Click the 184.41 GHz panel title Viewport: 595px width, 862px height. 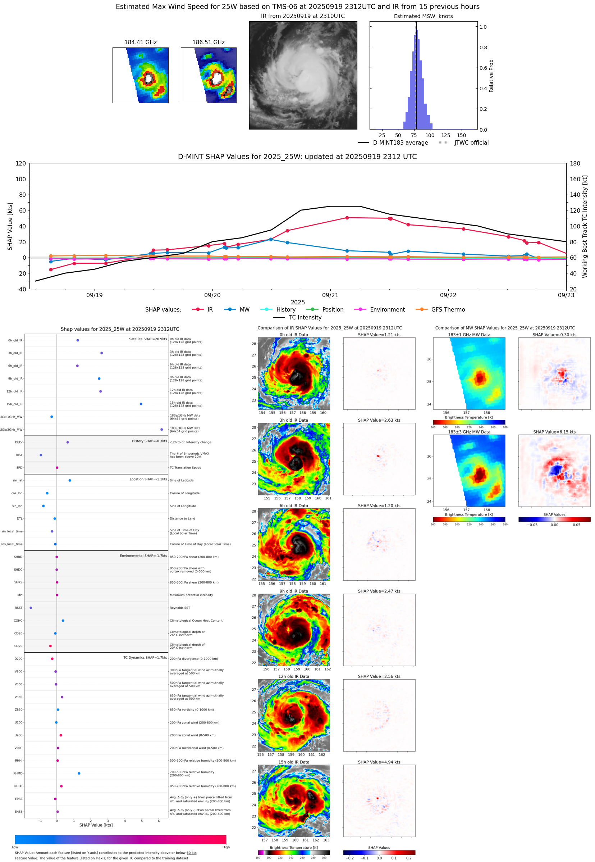(x=140, y=42)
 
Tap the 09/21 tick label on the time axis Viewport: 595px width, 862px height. (x=330, y=295)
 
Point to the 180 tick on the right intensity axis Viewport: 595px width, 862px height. (x=575, y=163)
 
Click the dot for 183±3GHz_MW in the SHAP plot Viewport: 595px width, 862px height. (x=161, y=429)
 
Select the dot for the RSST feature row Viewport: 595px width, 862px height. (x=31, y=608)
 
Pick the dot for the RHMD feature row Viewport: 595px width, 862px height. (x=79, y=773)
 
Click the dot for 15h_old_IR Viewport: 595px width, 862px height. (x=141, y=404)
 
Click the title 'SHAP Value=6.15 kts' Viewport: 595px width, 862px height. (x=554, y=432)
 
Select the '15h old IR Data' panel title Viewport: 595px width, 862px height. (x=294, y=762)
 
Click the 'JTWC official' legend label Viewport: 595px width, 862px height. (x=471, y=142)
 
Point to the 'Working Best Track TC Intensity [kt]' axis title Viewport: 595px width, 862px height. (x=585, y=226)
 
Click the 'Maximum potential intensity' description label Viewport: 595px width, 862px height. (x=191, y=595)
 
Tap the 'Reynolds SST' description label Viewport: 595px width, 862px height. (x=180, y=608)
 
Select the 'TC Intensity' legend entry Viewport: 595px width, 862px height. (x=305, y=317)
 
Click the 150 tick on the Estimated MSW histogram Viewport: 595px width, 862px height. (x=461, y=135)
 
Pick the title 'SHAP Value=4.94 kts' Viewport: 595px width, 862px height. (x=379, y=762)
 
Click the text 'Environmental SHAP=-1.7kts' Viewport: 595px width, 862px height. (x=143, y=556)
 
